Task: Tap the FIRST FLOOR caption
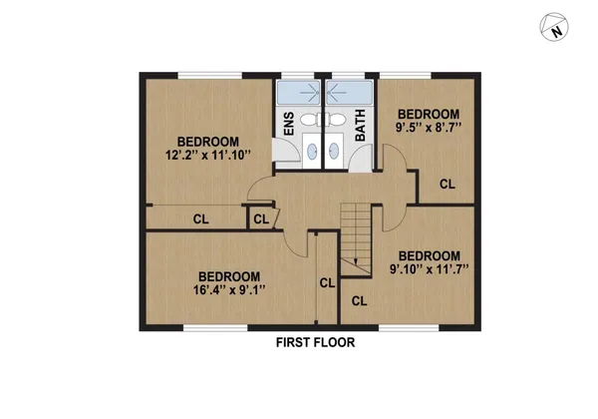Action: click(x=315, y=342)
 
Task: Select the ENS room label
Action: click(x=289, y=125)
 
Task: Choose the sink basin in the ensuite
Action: click(x=311, y=153)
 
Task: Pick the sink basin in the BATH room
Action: click(x=336, y=153)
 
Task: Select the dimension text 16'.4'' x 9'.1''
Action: click(x=228, y=290)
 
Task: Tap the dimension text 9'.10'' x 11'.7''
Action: click(x=429, y=268)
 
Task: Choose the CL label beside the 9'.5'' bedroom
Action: click(x=447, y=185)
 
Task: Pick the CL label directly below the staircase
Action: click(x=359, y=299)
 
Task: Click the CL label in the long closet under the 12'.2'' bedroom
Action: click(x=200, y=218)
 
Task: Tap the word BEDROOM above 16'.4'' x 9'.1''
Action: click(x=228, y=276)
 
